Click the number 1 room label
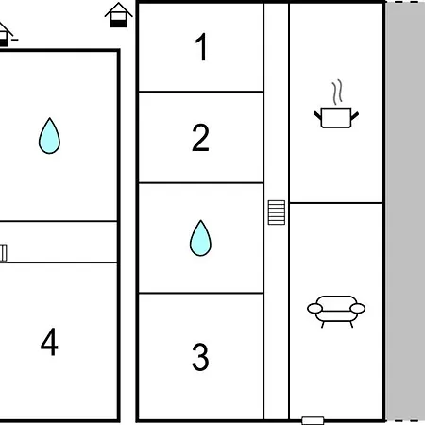[201, 46]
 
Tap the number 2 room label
[200, 138]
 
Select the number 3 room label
[200, 357]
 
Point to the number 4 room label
[49, 342]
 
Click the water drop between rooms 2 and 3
[200, 238]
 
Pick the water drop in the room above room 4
[49, 136]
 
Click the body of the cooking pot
[336, 118]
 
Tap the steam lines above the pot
[337, 92]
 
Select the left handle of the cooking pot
[317, 115]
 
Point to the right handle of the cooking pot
[355, 115]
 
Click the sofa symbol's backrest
[336, 300]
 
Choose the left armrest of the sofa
[314, 309]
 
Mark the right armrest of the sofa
[358, 309]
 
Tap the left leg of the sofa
[322, 324]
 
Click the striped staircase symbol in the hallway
[277, 212]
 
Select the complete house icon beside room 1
[119, 15]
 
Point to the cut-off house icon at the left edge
[7, 34]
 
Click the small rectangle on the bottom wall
[313, 421]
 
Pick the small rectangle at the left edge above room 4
[3, 253]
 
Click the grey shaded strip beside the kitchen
[405, 211]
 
